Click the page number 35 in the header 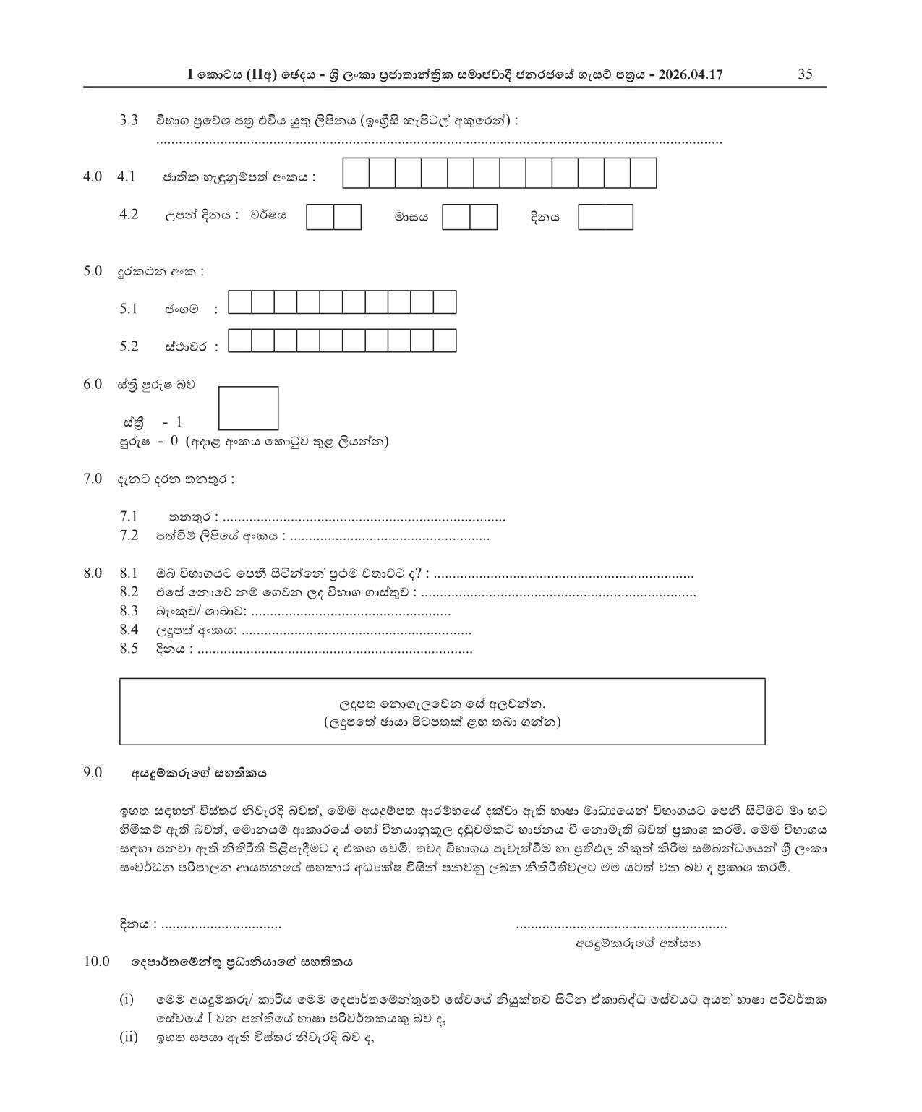[805, 74]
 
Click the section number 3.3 [129, 120]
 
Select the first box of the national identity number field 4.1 [356, 174]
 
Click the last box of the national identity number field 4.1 [643, 174]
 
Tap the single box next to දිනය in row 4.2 [605, 217]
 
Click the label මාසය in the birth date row [411, 217]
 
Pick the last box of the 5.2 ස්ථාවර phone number [445, 341]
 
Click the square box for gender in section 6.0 [248, 409]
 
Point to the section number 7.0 [93, 479]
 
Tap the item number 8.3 [129, 611]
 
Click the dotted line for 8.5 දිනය [335, 649]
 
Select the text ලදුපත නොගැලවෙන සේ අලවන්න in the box [442, 703]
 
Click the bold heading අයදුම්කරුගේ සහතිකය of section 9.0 [199, 772]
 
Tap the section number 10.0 [95, 962]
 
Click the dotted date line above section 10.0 [221, 925]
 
